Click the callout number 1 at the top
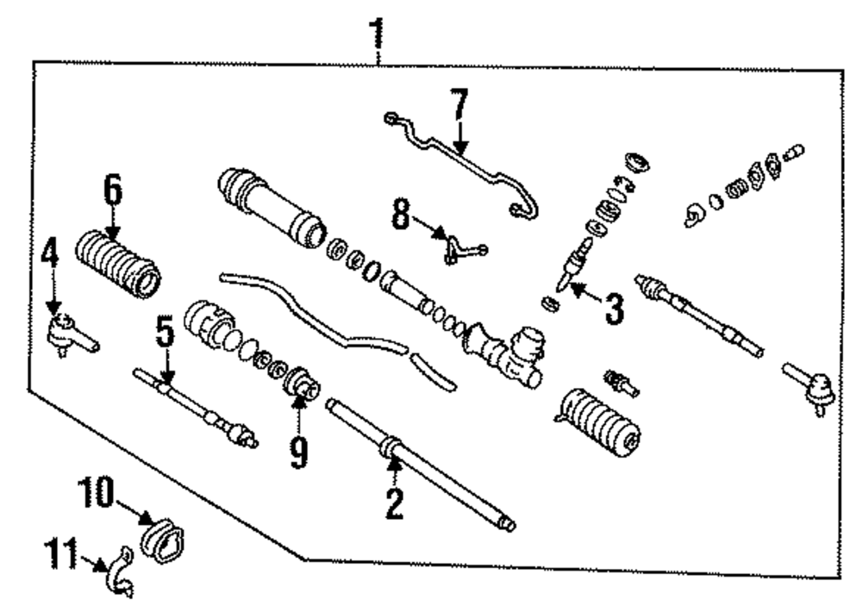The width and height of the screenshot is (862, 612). [376, 33]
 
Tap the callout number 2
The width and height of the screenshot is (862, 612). [394, 503]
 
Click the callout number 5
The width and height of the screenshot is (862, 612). [165, 332]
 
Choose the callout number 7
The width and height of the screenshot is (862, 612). [459, 107]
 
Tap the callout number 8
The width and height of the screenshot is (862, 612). [401, 215]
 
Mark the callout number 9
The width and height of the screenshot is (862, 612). [298, 451]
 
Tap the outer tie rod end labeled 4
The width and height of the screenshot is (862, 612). [71, 334]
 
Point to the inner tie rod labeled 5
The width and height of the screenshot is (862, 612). [198, 407]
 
